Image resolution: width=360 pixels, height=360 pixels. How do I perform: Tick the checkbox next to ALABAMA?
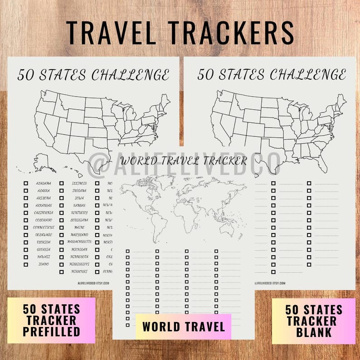coord(26,184)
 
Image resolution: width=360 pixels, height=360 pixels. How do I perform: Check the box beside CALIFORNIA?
coord(26,213)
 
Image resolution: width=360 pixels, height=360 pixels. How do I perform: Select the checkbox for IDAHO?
coord(26,264)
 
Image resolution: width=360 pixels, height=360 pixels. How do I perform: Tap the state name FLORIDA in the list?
coord(44,242)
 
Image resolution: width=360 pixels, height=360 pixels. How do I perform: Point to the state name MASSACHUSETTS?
coord(79,242)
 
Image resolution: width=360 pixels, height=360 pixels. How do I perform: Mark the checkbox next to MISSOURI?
coord(61,272)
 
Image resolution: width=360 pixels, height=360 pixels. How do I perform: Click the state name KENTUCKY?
coord(79,213)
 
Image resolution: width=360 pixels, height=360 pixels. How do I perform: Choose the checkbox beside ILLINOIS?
coord(61,184)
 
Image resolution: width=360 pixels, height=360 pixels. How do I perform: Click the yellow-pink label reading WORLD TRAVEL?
coord(183,326)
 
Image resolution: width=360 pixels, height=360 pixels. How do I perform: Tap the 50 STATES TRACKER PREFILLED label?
coord(51,321)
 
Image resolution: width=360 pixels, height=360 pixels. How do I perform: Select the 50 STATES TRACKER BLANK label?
coord(313,321)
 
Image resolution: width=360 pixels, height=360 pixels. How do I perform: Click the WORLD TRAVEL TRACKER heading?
coord(184,161)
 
